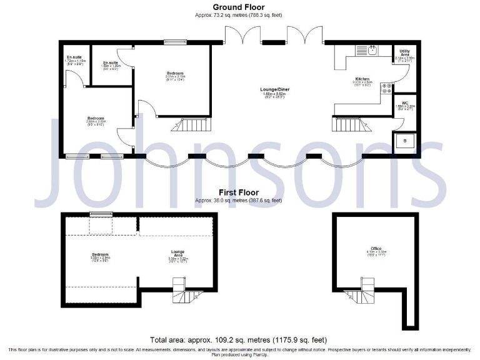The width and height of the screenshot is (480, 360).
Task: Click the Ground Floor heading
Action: tap(239, 7)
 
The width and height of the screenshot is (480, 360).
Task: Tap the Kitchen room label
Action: tap(362, 79)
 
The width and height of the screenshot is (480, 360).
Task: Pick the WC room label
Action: tap(405, 102)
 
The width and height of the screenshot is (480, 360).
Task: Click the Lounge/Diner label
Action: tap(275, 89)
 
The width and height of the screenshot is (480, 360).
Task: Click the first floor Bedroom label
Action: tap(101, 254)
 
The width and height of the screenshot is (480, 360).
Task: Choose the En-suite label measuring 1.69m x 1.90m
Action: tap(111, 63)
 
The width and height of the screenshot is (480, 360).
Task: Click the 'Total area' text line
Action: tap(239, 341)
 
